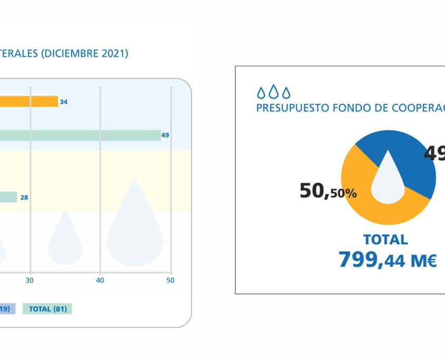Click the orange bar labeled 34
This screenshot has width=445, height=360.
(29, 102)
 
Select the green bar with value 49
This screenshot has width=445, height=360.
(79, 135)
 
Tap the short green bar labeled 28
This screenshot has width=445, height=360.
(8, 197)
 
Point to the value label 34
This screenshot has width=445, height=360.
(64, 102)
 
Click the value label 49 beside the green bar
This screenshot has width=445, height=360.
(165, 135)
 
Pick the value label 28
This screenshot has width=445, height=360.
(24, 198)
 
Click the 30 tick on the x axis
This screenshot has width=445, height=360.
(30, 281)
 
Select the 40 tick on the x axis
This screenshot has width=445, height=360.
(100, 281)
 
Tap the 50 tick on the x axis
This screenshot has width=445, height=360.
(170, 281)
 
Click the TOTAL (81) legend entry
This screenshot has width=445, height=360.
(48, 309)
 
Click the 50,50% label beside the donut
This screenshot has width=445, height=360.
(328, 191)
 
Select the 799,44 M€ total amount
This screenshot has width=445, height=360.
(387, 259)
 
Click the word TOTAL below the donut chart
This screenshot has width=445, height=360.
(385, 239)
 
